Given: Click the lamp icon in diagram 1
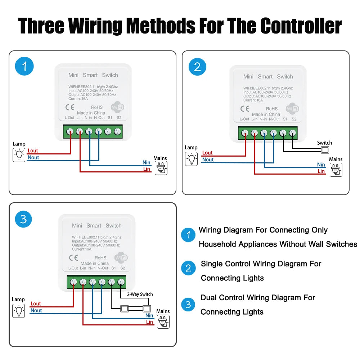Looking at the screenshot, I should click(x=19, y=155).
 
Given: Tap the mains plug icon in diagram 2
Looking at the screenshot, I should click(x=336, y=170).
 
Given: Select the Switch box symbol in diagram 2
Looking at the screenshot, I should click(x=325, y=150).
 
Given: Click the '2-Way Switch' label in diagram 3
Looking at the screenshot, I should click(x=140, y=294).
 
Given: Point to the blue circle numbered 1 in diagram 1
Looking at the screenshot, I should click(x=24, y=67).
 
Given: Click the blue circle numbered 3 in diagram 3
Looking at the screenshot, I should click(x=23, y=219).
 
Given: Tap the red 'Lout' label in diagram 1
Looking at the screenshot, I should click(x=33, y=151).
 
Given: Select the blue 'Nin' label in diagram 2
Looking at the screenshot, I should click(x=321, y=165).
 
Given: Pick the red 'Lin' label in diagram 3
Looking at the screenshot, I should click(x=150, y=322).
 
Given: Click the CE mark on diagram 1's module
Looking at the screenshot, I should click(x=69, y=107).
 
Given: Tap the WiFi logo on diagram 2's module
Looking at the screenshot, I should click(x=292, y=108).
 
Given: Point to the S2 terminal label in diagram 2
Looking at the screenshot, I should click(x=294, y=119).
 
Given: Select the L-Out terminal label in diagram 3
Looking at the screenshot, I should click(x=73, y=268).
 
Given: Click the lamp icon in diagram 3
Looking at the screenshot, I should click(x=19, y=311).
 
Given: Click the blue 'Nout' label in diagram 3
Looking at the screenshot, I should click(x=36, y=310).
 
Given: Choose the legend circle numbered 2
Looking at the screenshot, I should click(x=188, y=268).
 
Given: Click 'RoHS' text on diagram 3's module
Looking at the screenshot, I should click(x=100, y=258).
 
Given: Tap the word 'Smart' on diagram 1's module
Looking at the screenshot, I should click(x=90, y=75).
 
